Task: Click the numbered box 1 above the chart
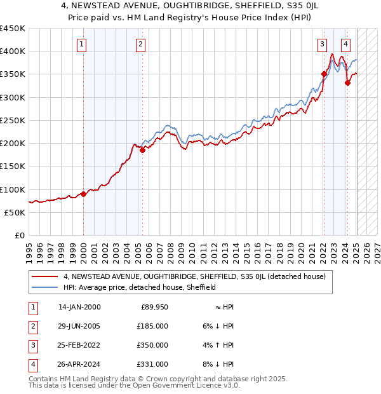pos(83,44)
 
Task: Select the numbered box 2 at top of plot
pos(140,44)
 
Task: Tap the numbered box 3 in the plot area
pos(323,44)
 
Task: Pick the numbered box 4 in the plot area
pos(345,44)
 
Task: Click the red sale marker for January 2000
pos(83,194)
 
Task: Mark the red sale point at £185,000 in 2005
pos(142,150)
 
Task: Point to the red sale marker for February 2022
pos(324,74)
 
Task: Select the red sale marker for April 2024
pos(347,83)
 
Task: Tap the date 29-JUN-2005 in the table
pos(79,326)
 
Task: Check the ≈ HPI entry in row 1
pos(225,307)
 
